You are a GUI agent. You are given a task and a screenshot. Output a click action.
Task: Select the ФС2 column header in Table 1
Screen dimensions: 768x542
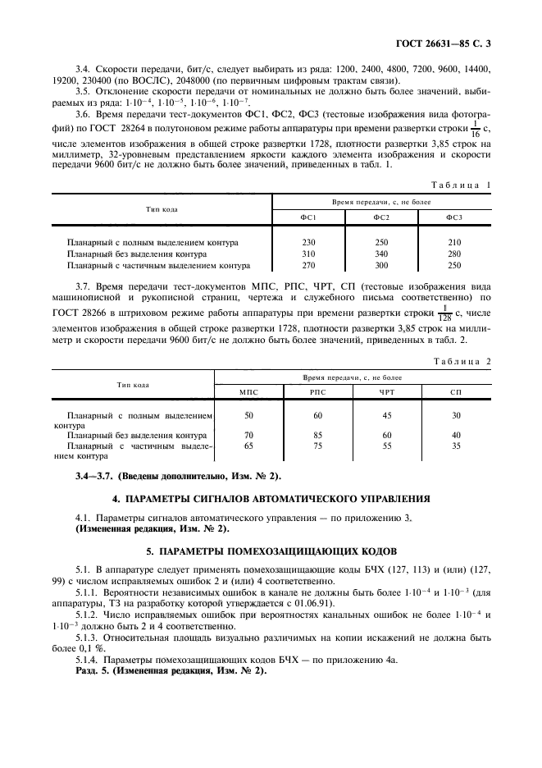coord(380,217)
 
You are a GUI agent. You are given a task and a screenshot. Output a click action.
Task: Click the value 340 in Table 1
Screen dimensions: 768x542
coord(380,254)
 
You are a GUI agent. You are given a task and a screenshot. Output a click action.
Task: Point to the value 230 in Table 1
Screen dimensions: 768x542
coord(308,243)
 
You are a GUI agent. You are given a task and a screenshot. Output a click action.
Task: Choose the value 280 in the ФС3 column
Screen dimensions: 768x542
coord(454,254)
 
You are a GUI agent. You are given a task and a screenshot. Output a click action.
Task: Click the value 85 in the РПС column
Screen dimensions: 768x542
coord(318,435)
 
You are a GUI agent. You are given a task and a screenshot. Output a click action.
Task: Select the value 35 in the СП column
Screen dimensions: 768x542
coord(457,446)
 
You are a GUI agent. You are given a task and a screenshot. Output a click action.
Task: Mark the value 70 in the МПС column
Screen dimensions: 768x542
coord(248,435)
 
